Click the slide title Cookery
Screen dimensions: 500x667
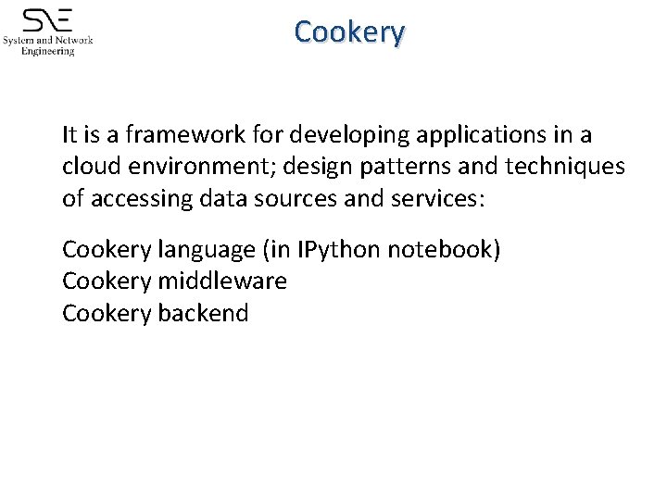pos(349,32)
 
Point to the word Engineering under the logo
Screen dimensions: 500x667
pos(48,52)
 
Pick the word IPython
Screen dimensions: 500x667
pos(338,251)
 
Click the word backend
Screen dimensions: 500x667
pos(203,313)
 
